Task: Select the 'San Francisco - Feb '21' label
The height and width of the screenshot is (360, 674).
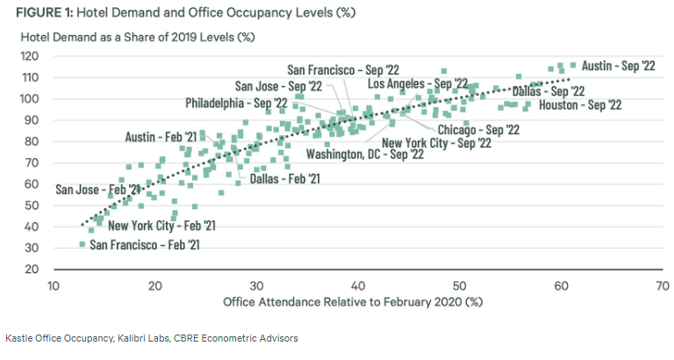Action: point(145,244)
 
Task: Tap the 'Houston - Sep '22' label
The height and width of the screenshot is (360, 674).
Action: point(580,105)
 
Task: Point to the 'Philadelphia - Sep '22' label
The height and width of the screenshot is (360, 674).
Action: point(236,104)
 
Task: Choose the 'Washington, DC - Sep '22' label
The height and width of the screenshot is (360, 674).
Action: point(365,154)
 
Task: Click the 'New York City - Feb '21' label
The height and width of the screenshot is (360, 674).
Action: point(161,226)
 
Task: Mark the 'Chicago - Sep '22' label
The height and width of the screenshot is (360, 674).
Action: point(479,130)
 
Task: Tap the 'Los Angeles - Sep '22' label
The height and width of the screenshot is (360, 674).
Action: point(417,83)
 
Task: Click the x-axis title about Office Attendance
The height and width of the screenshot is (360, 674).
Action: point(355,304)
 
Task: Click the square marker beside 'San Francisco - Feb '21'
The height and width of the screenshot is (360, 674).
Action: point(82,243)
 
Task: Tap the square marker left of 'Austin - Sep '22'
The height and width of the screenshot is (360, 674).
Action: point(573,65)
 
